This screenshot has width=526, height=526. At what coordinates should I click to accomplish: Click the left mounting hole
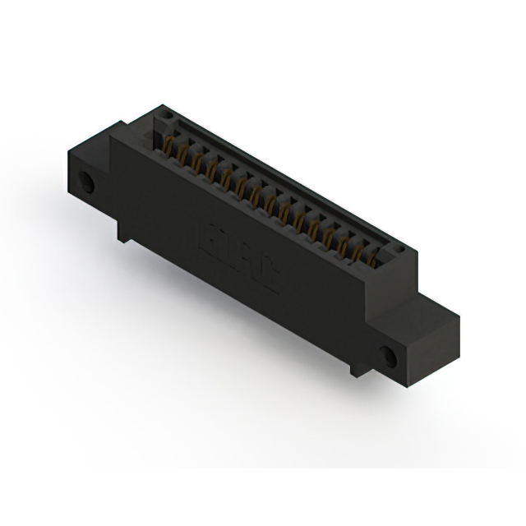tap(85, 180)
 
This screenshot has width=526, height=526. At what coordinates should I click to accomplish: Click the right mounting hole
tap(386, 355)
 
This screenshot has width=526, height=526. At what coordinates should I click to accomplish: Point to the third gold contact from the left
tap(198, 164)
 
